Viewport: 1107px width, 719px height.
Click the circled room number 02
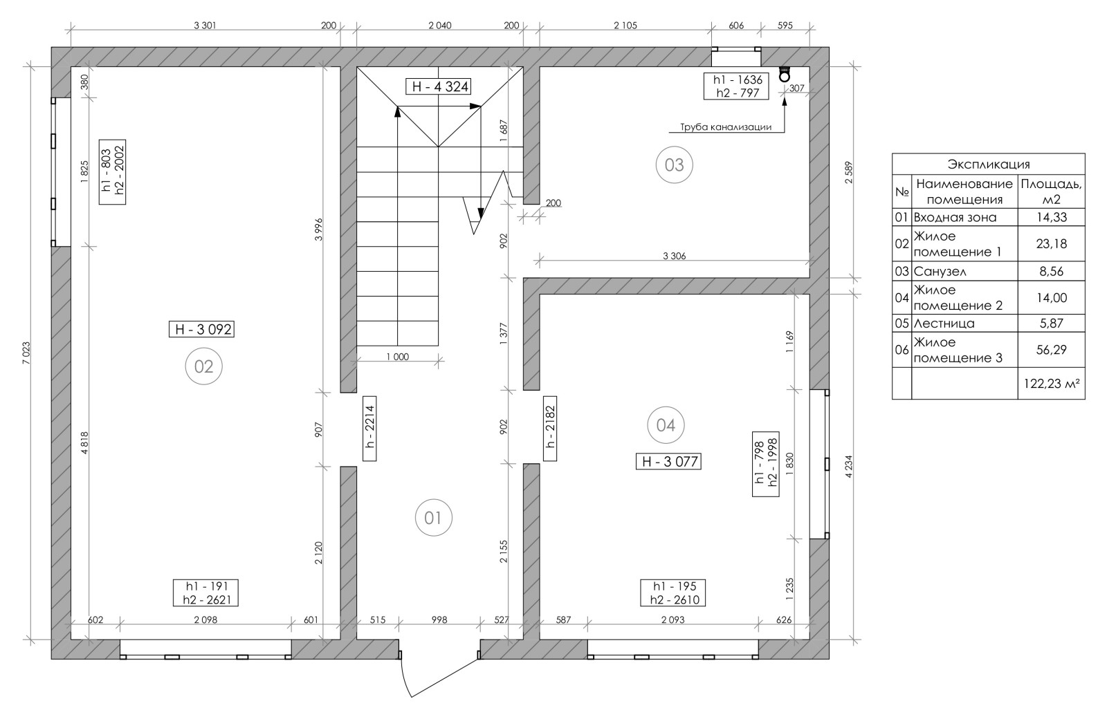(x=203, y=366)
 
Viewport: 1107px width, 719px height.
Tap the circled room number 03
(x=674, y=165)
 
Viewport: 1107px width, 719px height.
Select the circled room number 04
(x=666, y=425)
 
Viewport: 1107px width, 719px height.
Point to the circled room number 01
(x=433, y=518)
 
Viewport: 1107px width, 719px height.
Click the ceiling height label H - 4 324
(x=437, y=86)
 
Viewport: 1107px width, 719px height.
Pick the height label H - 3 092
(x=201, y=329)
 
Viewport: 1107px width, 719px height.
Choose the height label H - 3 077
(x=668, y=462)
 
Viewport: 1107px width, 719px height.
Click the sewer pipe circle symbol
(x=784, y=76)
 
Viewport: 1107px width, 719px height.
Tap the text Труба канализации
(x=726, y=127)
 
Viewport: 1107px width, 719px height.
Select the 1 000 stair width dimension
(x=398, y=357)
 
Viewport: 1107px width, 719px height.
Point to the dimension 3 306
(x=674, y=256)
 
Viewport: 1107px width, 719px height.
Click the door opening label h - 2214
(x=369, y=428)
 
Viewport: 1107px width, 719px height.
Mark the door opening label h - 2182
(x=550, y=428)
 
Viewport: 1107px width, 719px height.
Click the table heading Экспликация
(x=989, y=164)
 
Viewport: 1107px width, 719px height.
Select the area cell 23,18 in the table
(x=1051, y=243)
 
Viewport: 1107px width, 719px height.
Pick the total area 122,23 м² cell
(x=1051, y=383)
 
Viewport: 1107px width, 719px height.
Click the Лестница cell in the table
(x=944, y=324)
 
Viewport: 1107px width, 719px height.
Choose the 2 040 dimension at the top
(x=440, y=25)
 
